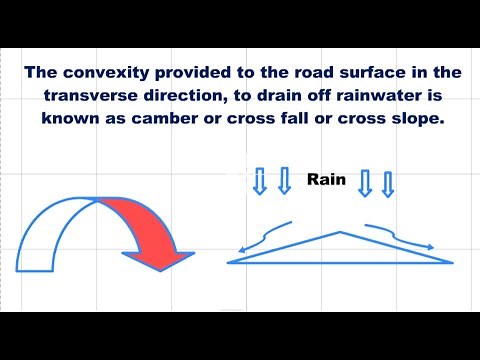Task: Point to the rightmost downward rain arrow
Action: [389, 182]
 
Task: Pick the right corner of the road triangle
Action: [452, 262]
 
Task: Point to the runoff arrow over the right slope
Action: [400, 235]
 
